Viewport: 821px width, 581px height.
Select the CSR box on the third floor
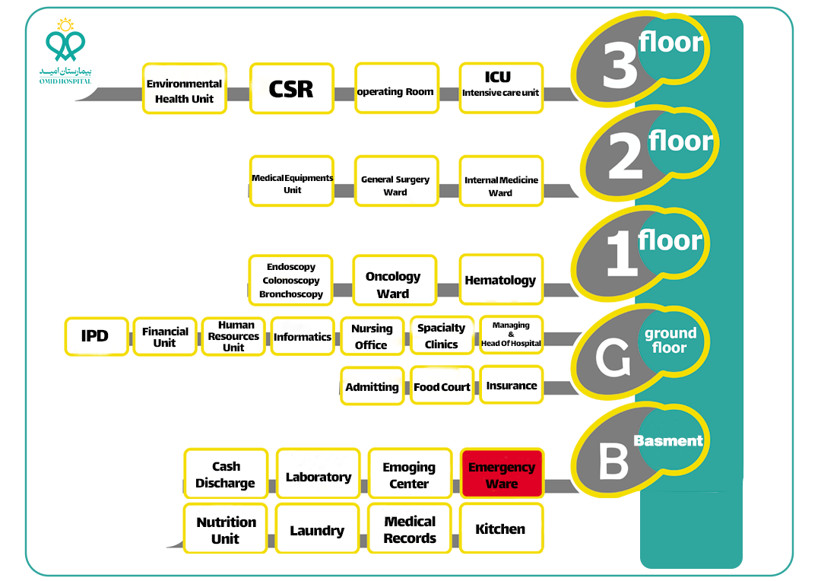pyautogui.click(x=291, y=89)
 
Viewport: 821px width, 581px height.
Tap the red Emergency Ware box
pyautogui.click(x=501, y=475)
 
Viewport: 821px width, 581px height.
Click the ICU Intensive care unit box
pyautogui.click(x=500, y=87)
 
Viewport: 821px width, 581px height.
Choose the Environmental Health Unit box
pyautogui.click(x=184, y=90)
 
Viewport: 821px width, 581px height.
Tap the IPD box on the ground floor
pyautogui.click(x=95, y=336)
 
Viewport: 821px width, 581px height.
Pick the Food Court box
pyautogui.click(x=442, y=386)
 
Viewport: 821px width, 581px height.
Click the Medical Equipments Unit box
pyautogui.click(x=292, y=183)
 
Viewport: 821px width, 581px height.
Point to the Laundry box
pyautogui.click(x=317, y=530)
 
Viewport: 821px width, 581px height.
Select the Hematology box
pyautogui.click(x=500, y=280)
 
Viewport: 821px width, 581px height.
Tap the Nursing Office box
pyautogui.click(x=371, y=336)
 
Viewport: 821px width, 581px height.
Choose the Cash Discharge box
pyautogui.click(x=225, y=475)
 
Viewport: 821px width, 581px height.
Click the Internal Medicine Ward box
pyautogui.click(x=500, y=186)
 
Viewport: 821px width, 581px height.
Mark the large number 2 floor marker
pyautogui.click(x=625, y=160)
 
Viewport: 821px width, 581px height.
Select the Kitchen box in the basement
pyautogui.click(x=500, y=529)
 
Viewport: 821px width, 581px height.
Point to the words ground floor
pyautogui.click(x=670, y=340)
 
